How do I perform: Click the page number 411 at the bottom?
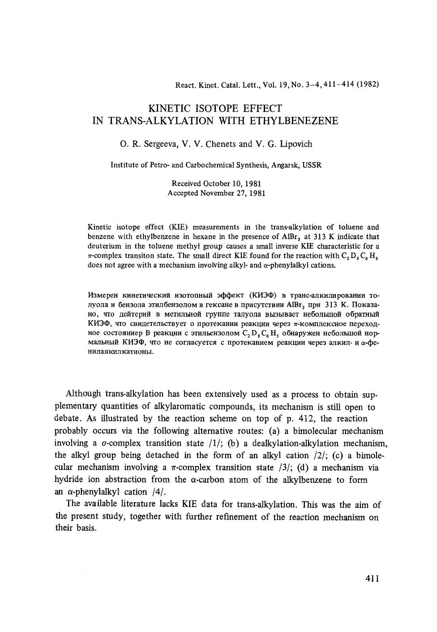point(372,578)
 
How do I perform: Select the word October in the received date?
point(217,184)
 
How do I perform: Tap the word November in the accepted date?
point(217,193)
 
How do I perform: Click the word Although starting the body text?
point(84,394)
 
